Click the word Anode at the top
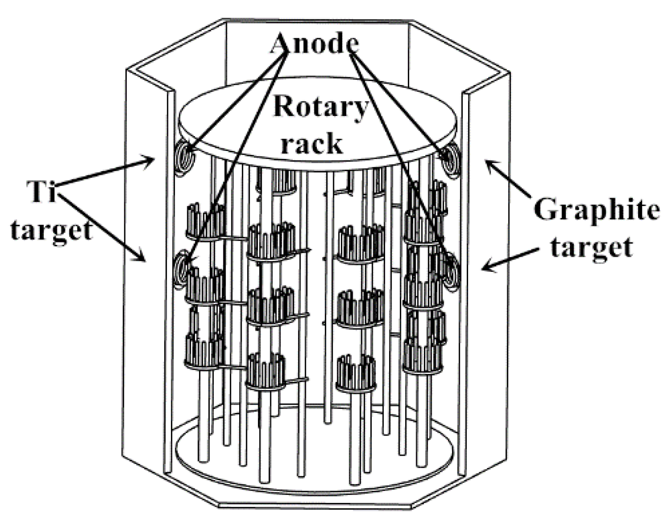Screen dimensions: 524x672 pyautogui.click(x=314, y=44)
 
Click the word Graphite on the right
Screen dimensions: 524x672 pyautogui.click(x=596, y=209)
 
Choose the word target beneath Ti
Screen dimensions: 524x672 pyautogui.click(x=52, y=229)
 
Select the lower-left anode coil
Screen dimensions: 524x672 pyautogui.click(x=182, y=267)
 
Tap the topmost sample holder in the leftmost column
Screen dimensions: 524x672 pyautogui.click(x=206, y=221)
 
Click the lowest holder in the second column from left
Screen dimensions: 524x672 pyautogui.click(x=266, y=372)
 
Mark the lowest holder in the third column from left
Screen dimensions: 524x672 pyautogui.click(x=356, y=374)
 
